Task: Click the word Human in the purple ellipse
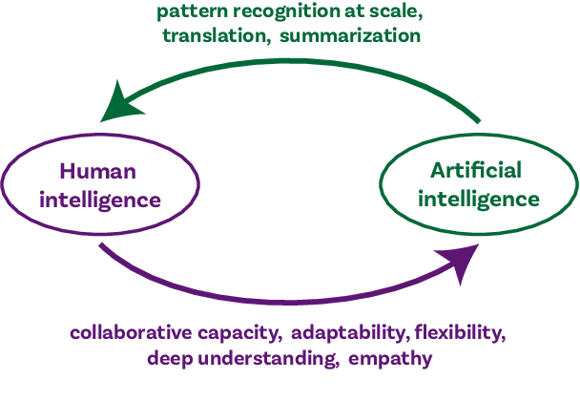[x=98, y=172]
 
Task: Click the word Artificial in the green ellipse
[x=476, y=171]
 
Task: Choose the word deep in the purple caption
[x=171, y=359]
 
